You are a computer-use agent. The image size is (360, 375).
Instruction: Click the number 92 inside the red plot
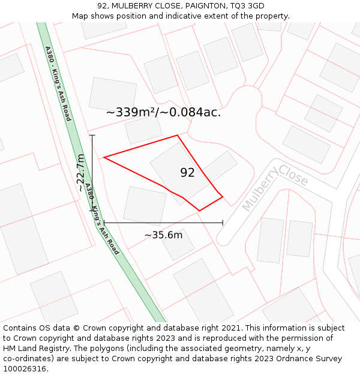(x=187, y=173)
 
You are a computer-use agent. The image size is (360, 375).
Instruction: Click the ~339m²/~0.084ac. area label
(x=163, y=112)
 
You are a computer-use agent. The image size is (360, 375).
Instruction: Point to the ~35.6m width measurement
(x=163, y=235)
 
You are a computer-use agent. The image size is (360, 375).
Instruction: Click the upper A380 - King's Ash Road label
(x=58, y=83)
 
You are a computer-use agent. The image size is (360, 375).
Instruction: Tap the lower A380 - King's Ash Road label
(x=101, y=220)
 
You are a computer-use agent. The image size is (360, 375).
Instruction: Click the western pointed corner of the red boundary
(x=104, y=158)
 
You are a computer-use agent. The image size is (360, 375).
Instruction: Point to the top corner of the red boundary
(x=178, y=135)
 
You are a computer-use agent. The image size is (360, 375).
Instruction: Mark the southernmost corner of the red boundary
(x=199, y=211)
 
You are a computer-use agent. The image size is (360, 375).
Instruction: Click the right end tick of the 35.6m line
(x=223, y=223)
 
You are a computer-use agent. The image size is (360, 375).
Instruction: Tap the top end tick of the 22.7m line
(x=92, y=135)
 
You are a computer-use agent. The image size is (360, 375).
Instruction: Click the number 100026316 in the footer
(x=24, y=368)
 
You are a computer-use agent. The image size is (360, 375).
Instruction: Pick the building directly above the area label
(x=112, y=93)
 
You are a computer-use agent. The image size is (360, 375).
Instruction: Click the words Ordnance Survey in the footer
(x=313, y=359)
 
